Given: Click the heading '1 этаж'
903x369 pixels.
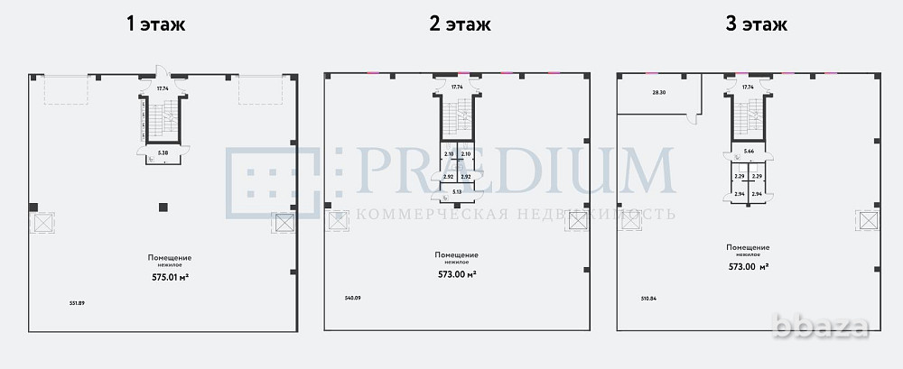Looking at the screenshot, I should tap(155, 23).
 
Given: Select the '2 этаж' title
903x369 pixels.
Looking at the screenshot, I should tap(460, 23).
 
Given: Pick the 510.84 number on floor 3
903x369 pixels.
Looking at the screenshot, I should tap(649, 298).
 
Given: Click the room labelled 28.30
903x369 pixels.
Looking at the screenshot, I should tap(658, 92).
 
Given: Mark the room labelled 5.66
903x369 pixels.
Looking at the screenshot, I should tap(749, 152).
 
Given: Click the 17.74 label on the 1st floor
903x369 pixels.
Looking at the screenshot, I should tap(163, 88).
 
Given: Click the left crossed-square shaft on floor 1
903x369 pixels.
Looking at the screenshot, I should tap(42, 222).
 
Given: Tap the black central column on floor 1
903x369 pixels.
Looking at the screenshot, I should tap(163, 208).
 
